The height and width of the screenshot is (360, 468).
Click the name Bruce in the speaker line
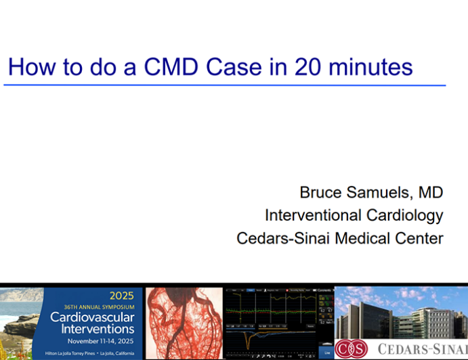[x=322, y=193]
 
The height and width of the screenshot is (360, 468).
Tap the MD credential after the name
[x=430, y=193]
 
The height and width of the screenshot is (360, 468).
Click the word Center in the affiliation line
[x=421, y=239]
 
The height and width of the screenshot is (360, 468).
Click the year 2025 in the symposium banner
[x=122, y=296]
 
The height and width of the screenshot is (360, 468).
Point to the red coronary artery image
[x=184, y=322]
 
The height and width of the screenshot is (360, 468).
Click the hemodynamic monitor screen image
[x=278, y=322]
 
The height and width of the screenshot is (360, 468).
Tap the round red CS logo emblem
[x=351, y=348]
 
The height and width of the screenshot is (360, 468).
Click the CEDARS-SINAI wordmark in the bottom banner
[x=420, y=349]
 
